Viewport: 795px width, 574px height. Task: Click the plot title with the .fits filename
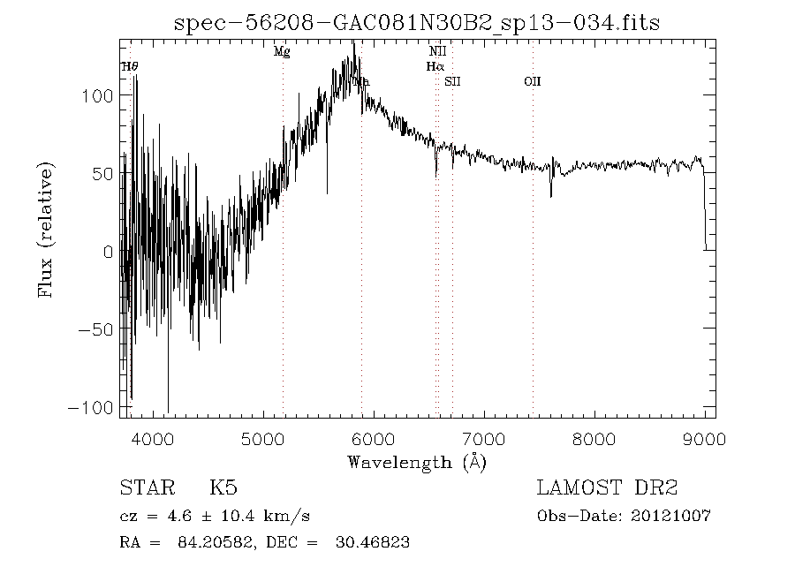tap(417, 24)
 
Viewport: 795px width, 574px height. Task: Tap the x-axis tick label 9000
tap(704, 439)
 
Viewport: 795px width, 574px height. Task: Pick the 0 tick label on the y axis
tap(107, 252)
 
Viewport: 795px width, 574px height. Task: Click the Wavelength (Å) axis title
tap(417, 462)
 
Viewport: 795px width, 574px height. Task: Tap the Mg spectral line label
tap(282, 52)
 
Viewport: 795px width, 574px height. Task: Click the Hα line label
tap(435, 66)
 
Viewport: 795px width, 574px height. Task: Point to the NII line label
tap(437, 52)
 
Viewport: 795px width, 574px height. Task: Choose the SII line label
tap(453, 81)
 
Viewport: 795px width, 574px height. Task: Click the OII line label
tap(532, 81)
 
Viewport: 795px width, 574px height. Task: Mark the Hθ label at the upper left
tap(130, 66)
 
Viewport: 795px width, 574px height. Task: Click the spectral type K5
tap(223, 488)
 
